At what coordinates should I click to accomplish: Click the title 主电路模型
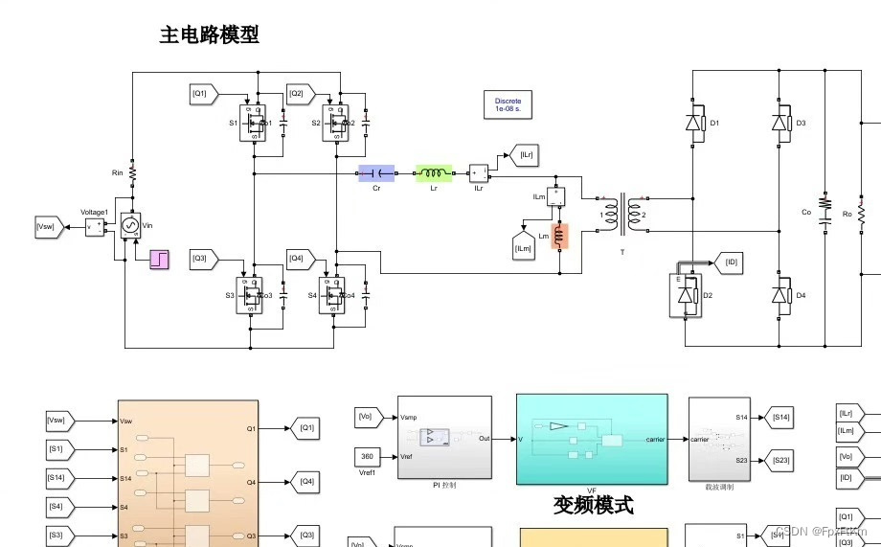point(209,35)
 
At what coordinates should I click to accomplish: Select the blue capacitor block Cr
point(376,173)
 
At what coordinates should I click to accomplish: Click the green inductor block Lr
point(434,173)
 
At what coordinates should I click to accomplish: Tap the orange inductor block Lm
point(559,236)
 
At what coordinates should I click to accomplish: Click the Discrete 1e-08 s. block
point(508,104)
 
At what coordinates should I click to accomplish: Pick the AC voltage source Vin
point(129,226)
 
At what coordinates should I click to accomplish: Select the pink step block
point(159,258)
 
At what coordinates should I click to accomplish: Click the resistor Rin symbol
point(133,173)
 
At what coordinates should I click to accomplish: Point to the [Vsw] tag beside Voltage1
point(48,227)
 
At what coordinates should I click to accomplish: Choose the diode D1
point(693,123)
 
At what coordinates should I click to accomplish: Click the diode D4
point(781,296)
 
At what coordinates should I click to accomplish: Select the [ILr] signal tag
point(525,155)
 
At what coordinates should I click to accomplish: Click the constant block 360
point(369,455)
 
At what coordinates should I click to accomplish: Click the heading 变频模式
point(594,504)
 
